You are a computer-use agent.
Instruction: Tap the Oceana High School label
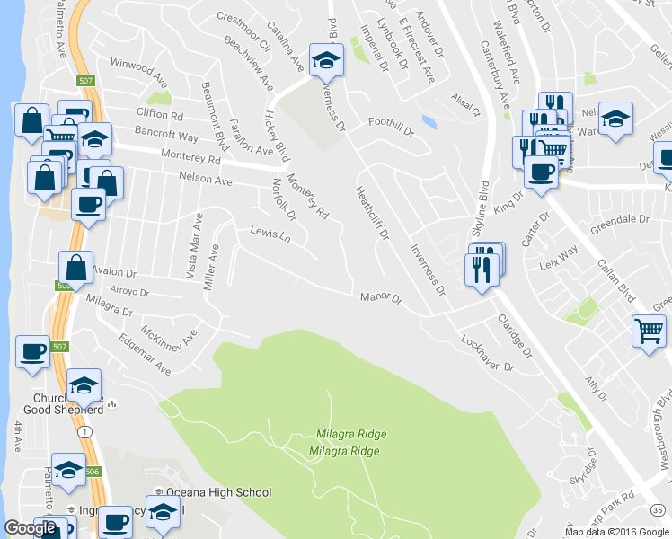click(x=218, y=492)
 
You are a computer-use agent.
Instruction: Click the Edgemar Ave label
click(x=144, y=356)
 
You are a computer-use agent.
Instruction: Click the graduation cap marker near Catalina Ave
click(x=325, y=60)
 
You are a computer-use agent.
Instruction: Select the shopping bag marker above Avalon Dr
click(x=75, y=267)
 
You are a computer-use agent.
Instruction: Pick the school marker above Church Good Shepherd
click(x=84, y=384)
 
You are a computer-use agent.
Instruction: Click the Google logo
click(x=31, y=528)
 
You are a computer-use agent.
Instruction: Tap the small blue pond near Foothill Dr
click(x=429, y=121)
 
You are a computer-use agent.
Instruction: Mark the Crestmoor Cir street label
click(x=243, y=31)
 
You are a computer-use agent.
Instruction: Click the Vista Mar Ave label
click(x=193, y=247)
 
